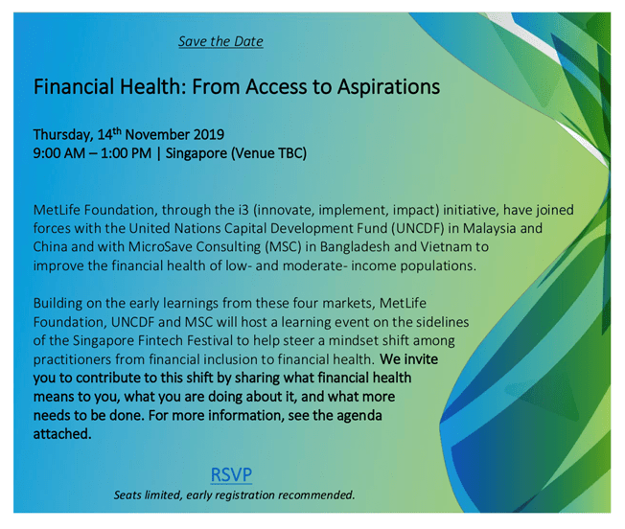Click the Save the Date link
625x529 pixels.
[220, 41]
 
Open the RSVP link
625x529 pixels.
[231, 474]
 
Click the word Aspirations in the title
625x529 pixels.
[388, 87]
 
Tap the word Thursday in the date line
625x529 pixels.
[63, 134]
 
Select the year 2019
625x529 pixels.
[209, 134]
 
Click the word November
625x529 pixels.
[157, 134]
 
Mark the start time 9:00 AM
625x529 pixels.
[59, 153]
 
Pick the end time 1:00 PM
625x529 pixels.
[126, 153]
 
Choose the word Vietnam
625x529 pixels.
[445, 247]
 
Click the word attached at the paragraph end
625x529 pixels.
[62, 434]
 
